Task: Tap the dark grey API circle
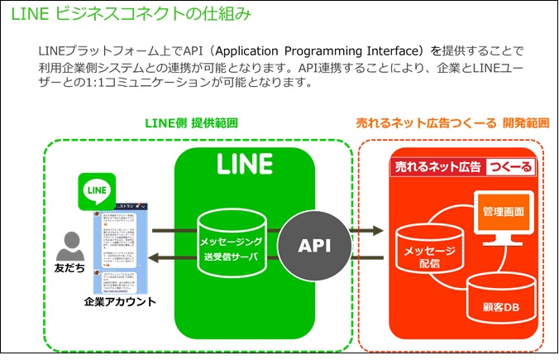(315, 245)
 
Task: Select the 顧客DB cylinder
(499, 299)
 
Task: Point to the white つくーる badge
(510, 167)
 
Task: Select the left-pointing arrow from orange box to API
(365, 259)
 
